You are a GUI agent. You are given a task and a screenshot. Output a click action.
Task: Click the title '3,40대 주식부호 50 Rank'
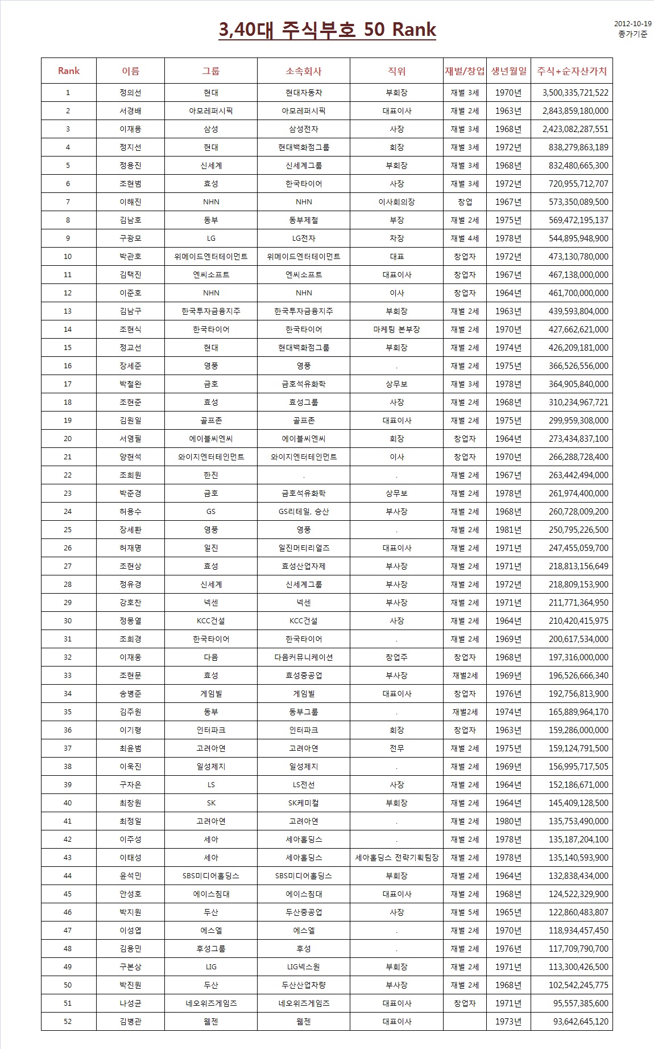click(327, 30)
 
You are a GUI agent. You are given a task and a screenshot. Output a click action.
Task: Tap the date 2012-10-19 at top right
click(633, 24)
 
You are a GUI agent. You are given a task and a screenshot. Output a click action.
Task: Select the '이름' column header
click(130, 71)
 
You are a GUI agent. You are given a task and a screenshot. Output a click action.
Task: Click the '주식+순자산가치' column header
click(572, 71)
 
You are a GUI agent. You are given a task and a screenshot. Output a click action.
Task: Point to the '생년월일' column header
click(508, 71)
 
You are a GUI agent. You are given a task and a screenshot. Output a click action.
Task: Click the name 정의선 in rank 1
click(130, 93)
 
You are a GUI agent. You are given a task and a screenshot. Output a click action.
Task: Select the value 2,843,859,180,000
click(575, 111)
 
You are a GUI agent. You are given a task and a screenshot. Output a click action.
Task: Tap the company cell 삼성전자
click(304, 129)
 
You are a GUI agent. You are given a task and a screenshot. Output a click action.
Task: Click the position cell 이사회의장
click(396, 202)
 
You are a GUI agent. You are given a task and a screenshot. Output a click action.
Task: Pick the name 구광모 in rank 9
click(130, 238)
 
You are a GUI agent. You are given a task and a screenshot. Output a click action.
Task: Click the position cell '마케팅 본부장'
click(396, 330)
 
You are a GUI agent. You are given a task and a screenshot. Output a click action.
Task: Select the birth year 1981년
click(508, 530)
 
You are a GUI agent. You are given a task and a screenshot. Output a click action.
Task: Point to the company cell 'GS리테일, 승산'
click(304, 512)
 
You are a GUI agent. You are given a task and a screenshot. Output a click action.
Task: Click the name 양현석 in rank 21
click(130, 457)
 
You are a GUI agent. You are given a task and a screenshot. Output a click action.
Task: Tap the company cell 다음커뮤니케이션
click(304, 657)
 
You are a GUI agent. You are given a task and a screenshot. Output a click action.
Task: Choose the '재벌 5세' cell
click(465, 912)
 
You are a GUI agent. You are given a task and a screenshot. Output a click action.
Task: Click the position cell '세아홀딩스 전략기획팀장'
click(396, 858)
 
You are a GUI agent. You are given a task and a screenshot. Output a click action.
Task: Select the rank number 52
click(68, 1022)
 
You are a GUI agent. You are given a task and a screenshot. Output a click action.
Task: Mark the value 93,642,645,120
click(580, 1022)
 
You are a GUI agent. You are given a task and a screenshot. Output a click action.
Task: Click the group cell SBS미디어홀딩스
click(211, 876)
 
